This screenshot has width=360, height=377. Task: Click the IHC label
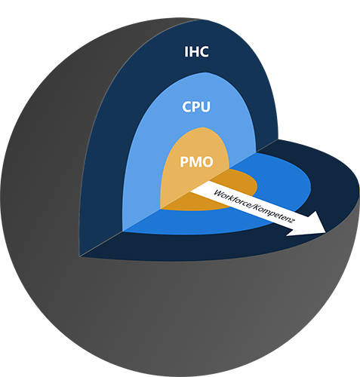pos(196,51)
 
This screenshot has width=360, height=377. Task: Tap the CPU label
pos(196,106)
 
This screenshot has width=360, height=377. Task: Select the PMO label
pos(196,162)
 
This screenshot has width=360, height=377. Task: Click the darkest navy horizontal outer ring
pos(334,191)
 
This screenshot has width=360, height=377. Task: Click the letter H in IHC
pos(193,51)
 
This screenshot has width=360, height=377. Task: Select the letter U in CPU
pos(205,107)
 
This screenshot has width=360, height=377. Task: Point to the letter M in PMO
pos(195,162)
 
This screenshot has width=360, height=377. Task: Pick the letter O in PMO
pos(208,162)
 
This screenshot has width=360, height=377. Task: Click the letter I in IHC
pos(186,51)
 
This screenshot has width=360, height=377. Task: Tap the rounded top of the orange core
pos(202,128)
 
